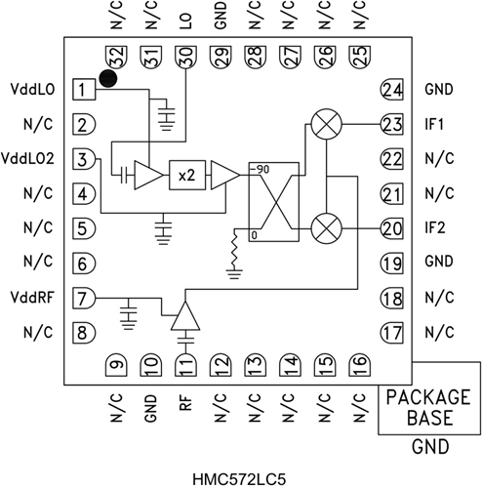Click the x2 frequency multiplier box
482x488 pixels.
point(186,175)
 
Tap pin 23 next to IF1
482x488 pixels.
point(392,125)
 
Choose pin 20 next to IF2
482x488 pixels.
point(392,228)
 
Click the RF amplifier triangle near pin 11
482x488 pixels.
point(184,314)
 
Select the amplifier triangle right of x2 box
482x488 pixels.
point(224,175)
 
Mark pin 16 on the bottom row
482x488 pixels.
point(357,364)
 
